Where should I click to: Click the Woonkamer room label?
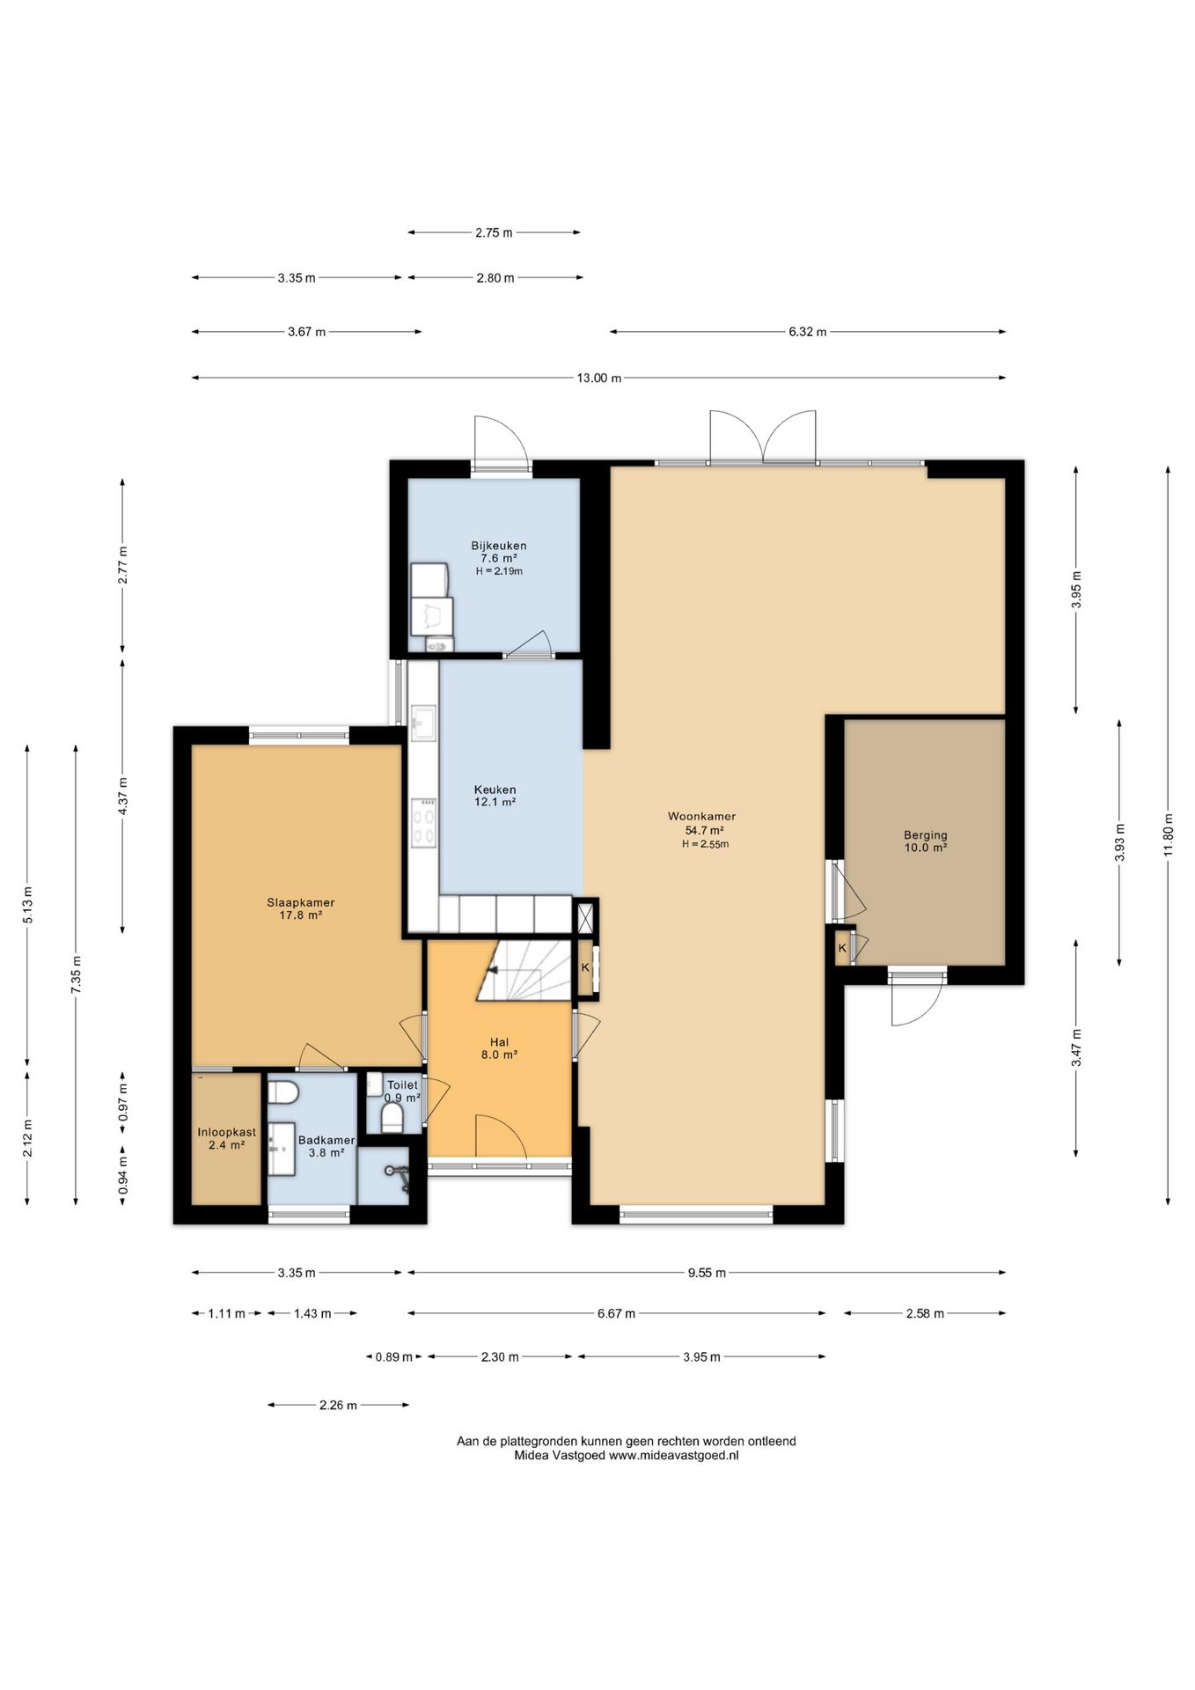point(701,816)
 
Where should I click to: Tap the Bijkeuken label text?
point(498,546)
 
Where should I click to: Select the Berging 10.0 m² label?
point(925,841)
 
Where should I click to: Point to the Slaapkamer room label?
point(301,902)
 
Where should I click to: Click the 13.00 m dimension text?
point(598,378)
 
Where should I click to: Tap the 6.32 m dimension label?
point(807,332)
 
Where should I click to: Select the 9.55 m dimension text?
point(707,1273)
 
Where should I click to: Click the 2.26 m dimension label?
point(338,1406)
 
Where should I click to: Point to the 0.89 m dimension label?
point(393,1357)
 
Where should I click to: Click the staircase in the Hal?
point(525,970)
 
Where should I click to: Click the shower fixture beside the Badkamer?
point(397,1176)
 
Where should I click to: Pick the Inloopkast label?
point(226,1132)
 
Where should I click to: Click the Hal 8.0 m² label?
point(498,1047)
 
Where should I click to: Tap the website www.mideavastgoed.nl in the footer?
point(674,1456)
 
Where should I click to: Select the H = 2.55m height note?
point(705,844)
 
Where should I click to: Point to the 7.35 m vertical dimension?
point(76,974)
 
